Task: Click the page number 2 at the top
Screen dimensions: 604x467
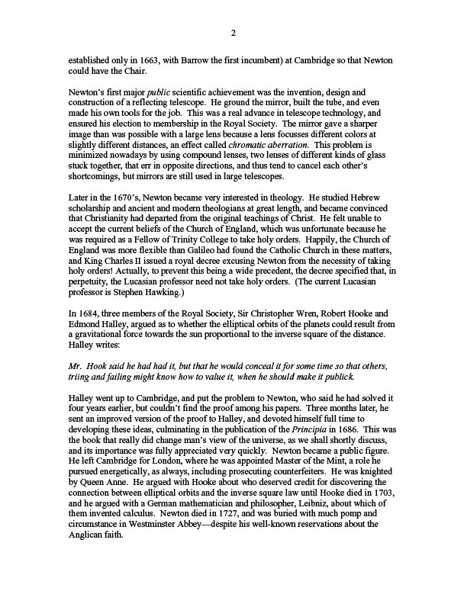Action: click(233, 32)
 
